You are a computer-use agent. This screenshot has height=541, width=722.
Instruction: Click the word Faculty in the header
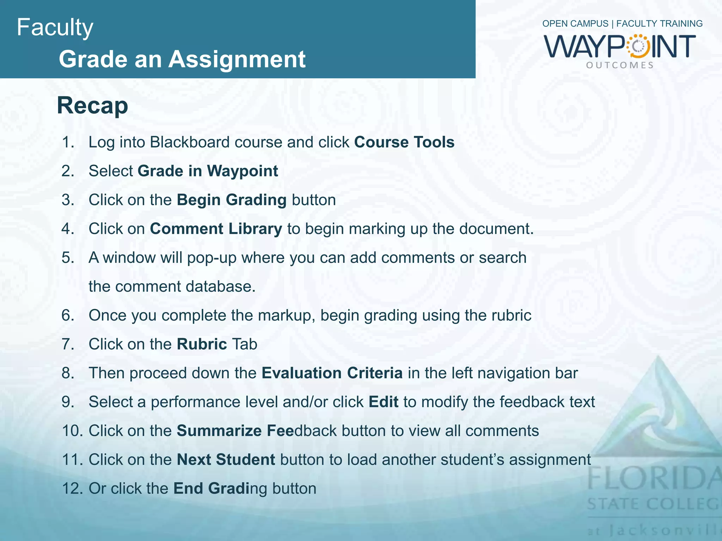point(55,27)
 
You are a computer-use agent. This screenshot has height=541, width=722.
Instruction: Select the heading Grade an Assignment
point(182,59)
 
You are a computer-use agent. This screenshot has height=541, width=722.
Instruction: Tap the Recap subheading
point(92,105)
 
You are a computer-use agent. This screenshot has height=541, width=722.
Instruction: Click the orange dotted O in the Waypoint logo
point(638,46)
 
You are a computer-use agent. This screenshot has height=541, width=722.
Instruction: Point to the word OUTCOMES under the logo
point(620,65)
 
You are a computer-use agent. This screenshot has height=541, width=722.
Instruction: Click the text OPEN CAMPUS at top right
point(575,24)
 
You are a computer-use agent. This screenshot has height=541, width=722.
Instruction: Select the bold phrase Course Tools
point(404,142)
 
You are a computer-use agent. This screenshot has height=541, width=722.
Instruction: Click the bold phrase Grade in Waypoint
point(208,171)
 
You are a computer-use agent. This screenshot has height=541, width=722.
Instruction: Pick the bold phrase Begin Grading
point(231,200)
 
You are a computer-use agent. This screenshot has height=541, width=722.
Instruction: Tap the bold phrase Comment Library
point(216,229)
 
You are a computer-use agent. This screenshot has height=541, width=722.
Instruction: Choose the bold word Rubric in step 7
point(202,344)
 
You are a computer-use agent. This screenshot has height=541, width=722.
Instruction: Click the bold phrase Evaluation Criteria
point(332,373)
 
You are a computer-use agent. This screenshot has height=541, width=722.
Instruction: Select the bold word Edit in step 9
point(384,402)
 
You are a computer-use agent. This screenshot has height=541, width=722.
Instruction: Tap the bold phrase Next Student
point(226,460)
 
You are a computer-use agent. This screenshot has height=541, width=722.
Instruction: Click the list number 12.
point(72,489)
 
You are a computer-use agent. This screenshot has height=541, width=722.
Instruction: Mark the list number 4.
point(68,229)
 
